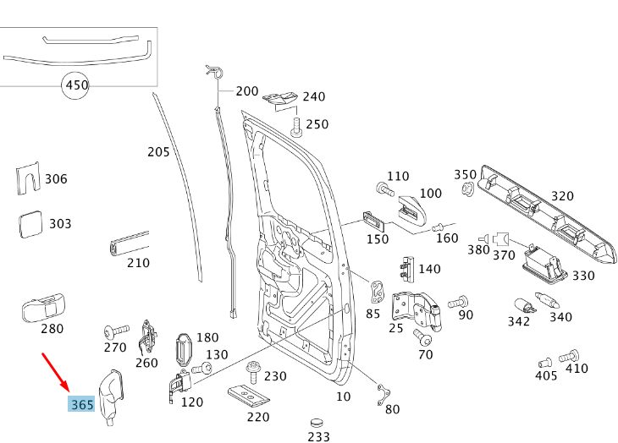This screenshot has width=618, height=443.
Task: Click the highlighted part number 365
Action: [x=82, y=404]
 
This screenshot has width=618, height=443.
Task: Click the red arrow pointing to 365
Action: [x=56, y=373]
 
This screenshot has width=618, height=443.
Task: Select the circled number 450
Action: [x=77, y=85]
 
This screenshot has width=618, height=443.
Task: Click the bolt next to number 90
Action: [x=458, y=301]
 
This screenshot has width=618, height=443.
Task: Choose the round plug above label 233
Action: [x=317, y=421]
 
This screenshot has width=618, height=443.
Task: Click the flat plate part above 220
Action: [x=248, y=395]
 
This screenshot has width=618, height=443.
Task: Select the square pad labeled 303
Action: [x=31, y=225]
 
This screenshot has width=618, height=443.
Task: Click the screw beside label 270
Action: [x=114, y=330]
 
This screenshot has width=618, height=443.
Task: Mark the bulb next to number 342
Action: [x=522, y=305]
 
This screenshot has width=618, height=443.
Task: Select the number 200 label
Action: [x=247, y=91]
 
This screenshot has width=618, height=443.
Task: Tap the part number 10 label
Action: [x=343, y=396]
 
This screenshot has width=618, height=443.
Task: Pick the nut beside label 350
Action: [x=466, y=188]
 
